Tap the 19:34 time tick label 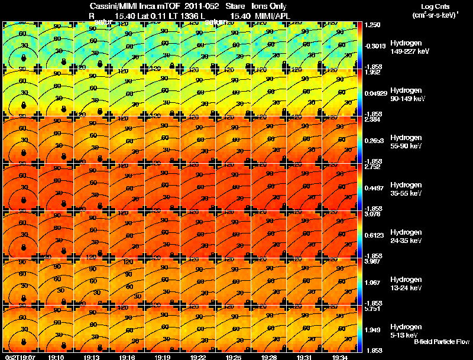pos(340,356)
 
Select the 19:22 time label pos(198,356)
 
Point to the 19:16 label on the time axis pos(127,356)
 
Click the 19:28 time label pos(269,356)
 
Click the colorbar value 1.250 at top pos(373,25)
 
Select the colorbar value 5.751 pos(373,309)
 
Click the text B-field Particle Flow pos(442,342)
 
